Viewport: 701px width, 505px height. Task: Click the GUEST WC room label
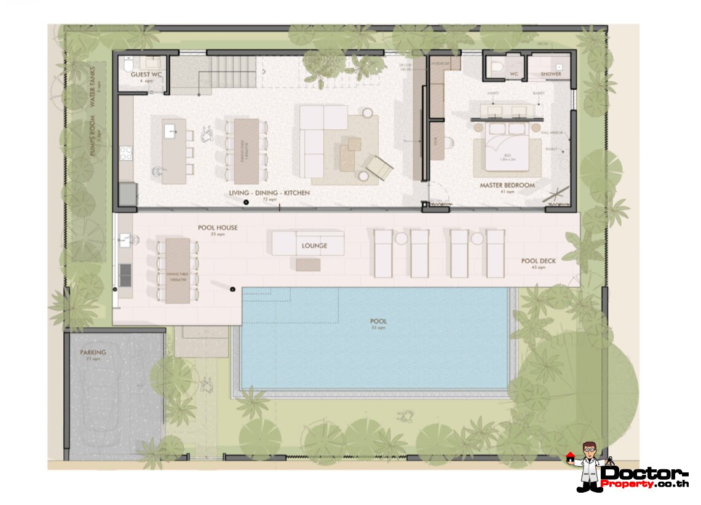click(x=146, y=74)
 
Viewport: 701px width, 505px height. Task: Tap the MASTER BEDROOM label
click(x=507, y=185)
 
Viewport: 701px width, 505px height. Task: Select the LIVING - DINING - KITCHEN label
click(x=269, y=193)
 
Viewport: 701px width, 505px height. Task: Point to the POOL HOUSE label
click(x=217, y=228)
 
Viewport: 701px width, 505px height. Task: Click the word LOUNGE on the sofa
click(x=314, y=246)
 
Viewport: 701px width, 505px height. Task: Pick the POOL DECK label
click(x=538, y=261)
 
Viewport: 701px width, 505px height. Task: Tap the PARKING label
click(x=93, y=352)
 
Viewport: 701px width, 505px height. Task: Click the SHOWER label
click(x=550, y=74)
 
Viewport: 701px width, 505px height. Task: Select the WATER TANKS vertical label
click(x=93, y=89)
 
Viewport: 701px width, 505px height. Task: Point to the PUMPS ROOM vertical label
click(x=93, y=137)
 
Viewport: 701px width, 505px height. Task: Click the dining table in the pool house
click(x=178, y=270)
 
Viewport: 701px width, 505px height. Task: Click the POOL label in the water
click(x=378, y=322)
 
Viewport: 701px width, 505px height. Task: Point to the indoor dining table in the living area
click(x=247, y=151)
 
